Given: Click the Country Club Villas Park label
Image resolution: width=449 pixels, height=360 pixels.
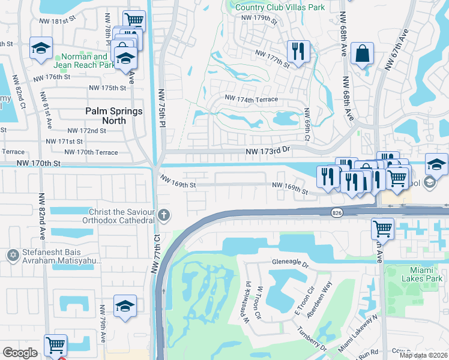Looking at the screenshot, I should [x=280, y=7].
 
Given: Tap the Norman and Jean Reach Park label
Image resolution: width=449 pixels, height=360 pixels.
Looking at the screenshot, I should [x=84, y=61].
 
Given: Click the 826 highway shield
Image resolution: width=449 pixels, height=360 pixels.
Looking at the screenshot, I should [x=337, y=212].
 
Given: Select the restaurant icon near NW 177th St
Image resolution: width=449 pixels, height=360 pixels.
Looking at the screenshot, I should [x=298, y=51].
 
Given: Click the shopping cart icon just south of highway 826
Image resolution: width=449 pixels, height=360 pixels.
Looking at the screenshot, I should [x=382, y=229].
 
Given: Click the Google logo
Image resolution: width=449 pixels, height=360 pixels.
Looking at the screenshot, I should [x=20, y=353].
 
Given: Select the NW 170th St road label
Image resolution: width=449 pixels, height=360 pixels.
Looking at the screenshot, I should [x=39, y=163].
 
